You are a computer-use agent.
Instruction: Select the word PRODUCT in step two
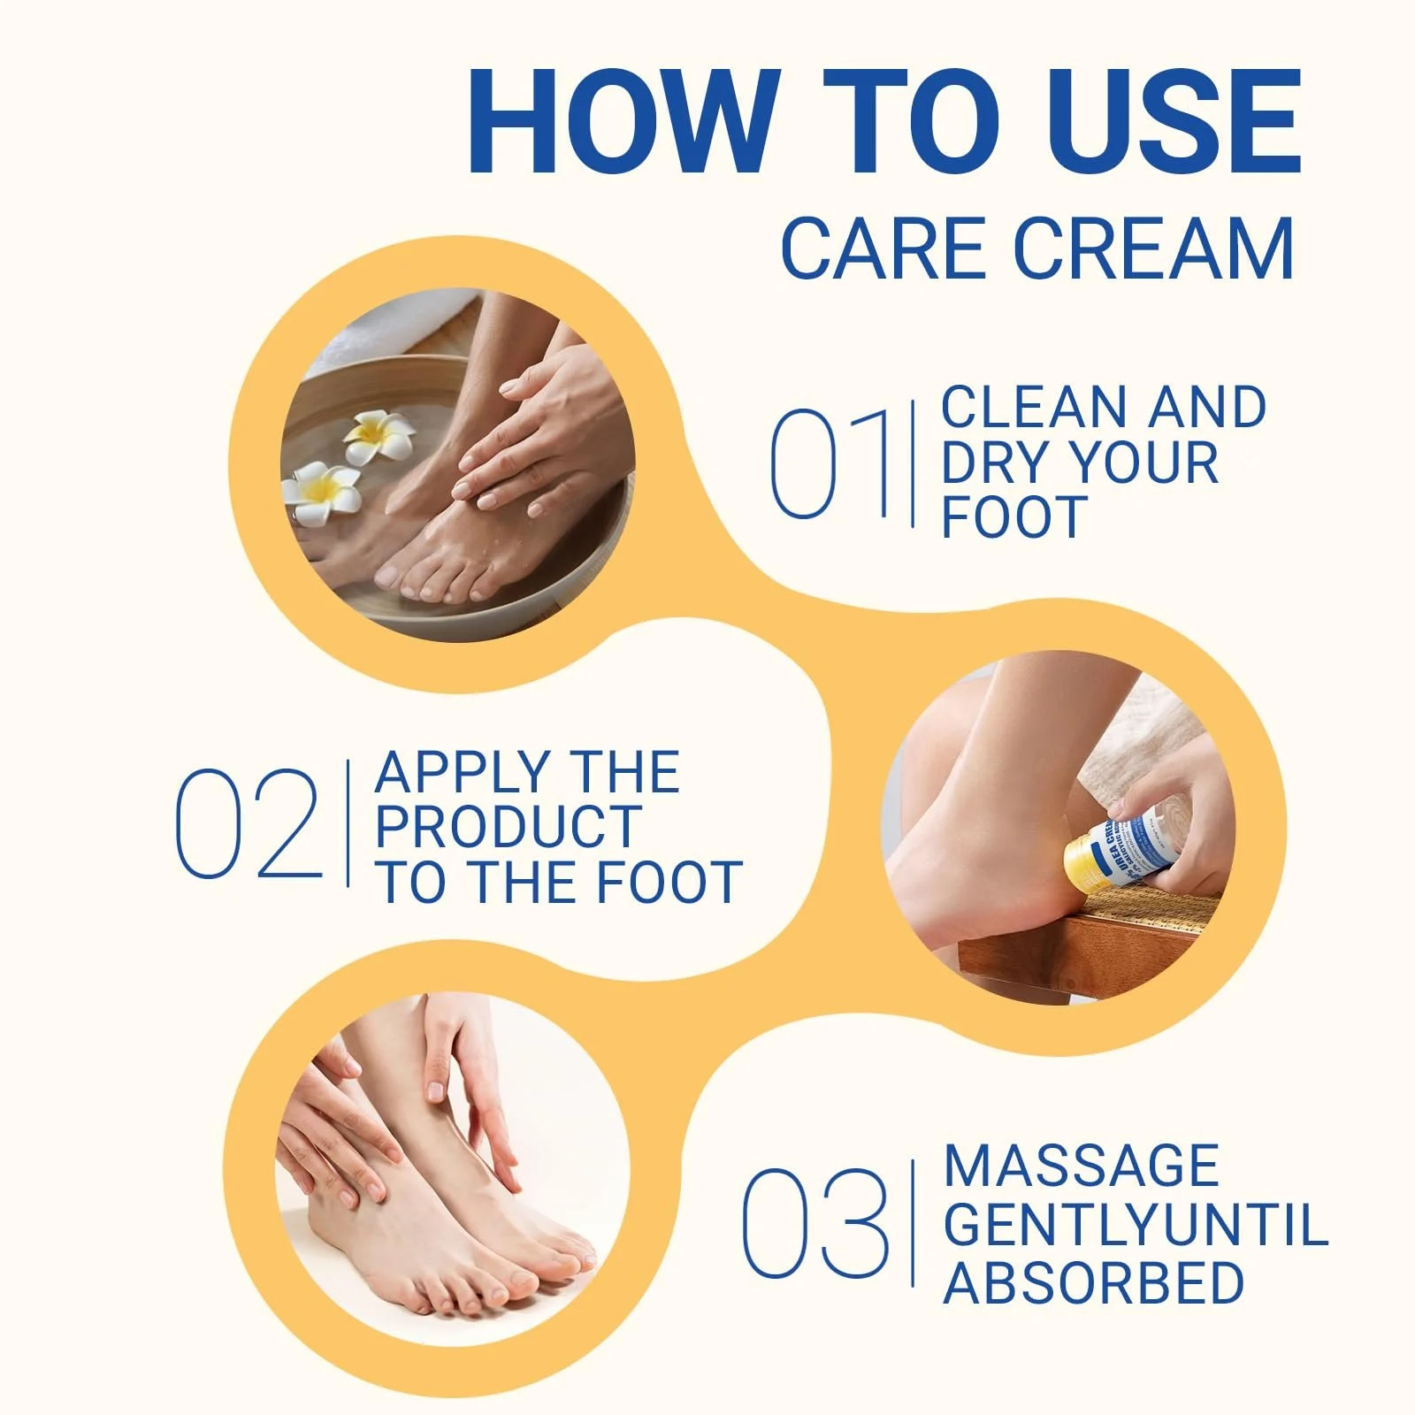click(x=508, y=827)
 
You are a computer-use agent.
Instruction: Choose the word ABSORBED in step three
click(x=1093, y=1283)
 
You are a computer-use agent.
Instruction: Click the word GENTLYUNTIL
click(x=1136, y=1225)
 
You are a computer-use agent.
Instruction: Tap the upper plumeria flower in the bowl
click(x=379, y=435)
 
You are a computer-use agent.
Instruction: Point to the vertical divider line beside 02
click(x=348, y=822)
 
